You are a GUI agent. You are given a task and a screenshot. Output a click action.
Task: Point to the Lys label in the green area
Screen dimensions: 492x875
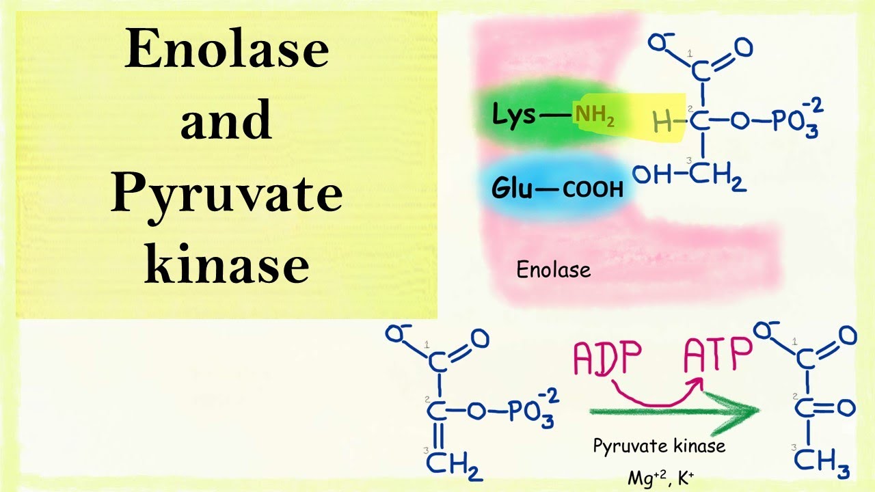pos(514,116)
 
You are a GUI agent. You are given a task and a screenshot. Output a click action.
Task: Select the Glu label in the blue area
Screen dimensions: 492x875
pos(511,188)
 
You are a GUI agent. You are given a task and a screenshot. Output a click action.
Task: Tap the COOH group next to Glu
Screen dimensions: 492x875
pos(592,189)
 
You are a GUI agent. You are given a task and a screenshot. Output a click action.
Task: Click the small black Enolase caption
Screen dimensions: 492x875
pos(553,270)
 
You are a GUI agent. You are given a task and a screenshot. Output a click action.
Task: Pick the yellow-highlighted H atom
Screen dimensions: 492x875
pos(662,123)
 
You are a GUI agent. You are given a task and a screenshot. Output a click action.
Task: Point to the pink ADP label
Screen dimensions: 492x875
pos(608,357)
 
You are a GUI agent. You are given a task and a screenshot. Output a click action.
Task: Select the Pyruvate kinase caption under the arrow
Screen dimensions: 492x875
pos(658,446)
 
